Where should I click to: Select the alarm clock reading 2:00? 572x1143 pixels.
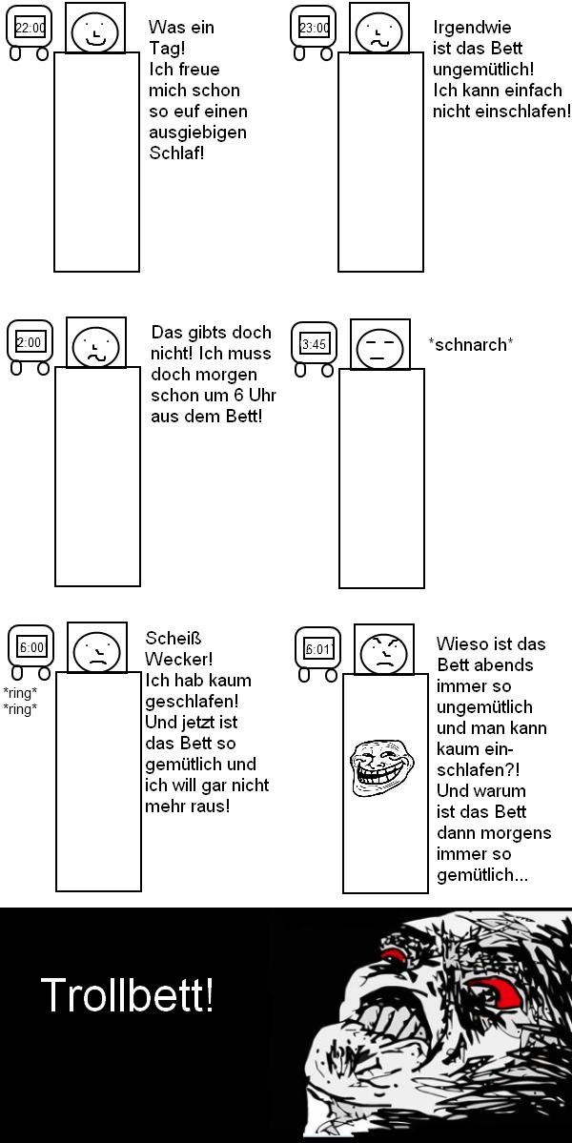pyautogui.click(x=30, y=342)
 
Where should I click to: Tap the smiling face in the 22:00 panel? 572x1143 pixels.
pyautogui.click(x=95, y=32)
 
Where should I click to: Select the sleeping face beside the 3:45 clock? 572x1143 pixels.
pyautogui.click(x=379, y=347)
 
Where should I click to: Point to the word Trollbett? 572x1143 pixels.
pyautogui.click(x=127, y=997)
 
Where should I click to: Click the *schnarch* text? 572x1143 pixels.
pyautogui.click(x=471, y=344)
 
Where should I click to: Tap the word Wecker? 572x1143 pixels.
pyautogui.click(x=178, y=659)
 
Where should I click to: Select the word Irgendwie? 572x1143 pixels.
pyautogui.click(x=472, y=28)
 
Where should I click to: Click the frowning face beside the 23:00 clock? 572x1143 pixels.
pyautogui.click(x=380, y=32)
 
